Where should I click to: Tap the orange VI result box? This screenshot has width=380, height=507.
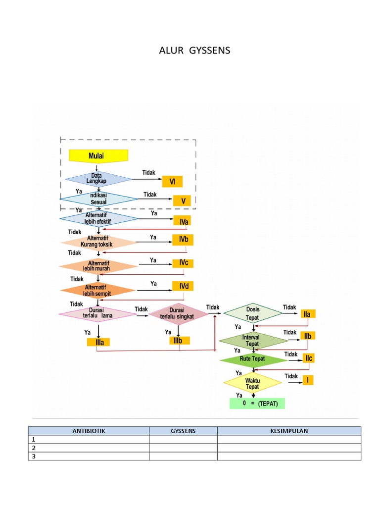click(x=173, y=182)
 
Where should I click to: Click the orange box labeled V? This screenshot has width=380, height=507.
click(x=182, y=201)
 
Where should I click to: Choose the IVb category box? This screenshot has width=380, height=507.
click(x=183, y=240)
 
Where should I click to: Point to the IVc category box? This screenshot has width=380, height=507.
click(x=182, y=263)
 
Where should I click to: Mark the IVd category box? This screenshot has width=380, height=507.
click(x=182, y=286)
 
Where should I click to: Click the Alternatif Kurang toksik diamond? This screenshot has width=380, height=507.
click(x=98, y=242)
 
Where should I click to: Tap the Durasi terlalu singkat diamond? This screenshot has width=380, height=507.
click(x=179, y=313)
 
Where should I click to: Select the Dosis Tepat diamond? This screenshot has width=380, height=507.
click(x=253, y=313)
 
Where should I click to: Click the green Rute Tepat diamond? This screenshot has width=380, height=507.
click(x=253, y=359)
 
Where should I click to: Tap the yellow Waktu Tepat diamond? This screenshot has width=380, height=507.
click(x=253, y=382)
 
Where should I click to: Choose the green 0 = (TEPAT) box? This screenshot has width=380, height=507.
click(x=257, y=404)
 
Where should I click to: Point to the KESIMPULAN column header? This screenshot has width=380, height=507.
click(x=289, y=431)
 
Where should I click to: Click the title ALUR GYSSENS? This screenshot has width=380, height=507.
click(x=194, y=51)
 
